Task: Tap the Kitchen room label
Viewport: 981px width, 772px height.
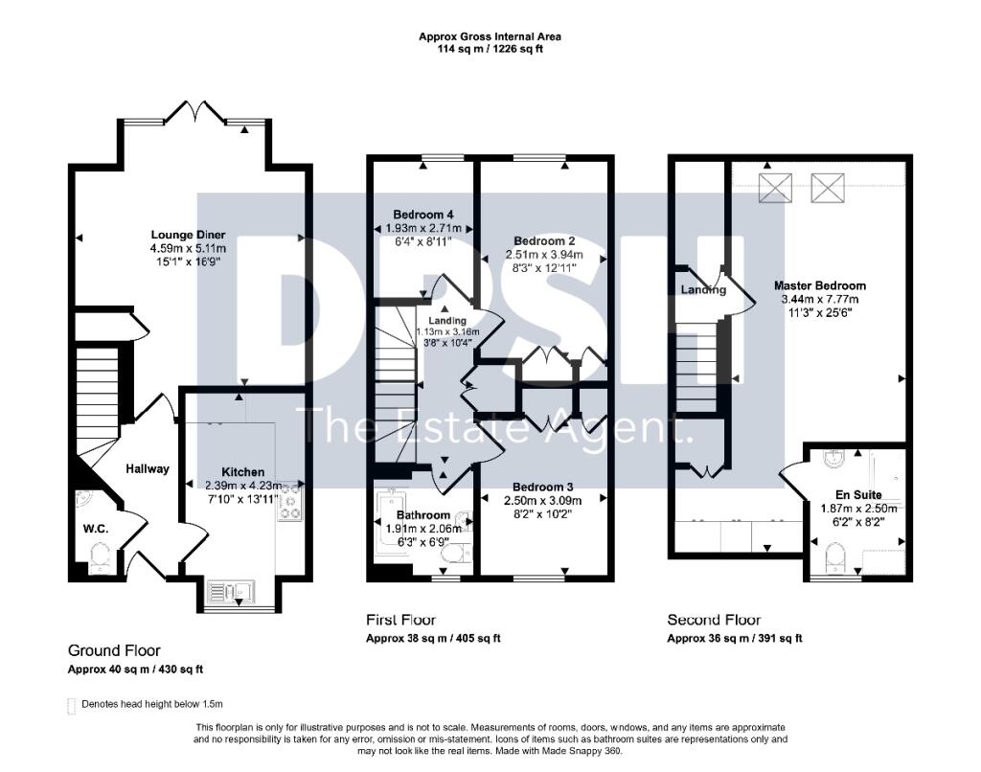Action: click(x=242, y=473)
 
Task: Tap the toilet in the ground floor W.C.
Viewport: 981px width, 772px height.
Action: click(x=99, y=556)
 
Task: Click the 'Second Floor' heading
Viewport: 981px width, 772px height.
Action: click(x=714, y=620)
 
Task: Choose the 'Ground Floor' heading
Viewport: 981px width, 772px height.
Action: click(x=114, y=650)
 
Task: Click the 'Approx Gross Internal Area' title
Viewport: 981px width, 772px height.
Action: click(x=490, y=36)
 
